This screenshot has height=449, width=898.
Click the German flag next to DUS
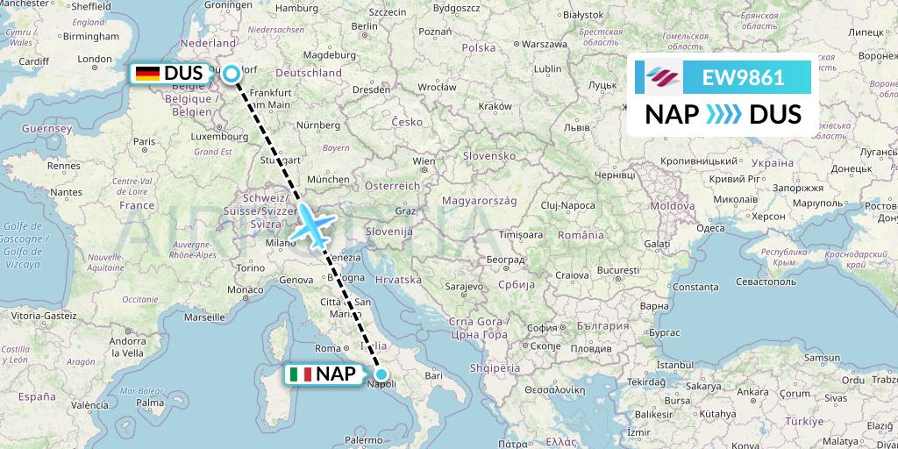tap(147, 74)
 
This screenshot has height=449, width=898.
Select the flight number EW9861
tap(743, 77)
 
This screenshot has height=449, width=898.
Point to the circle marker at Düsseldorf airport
tap(232, 74)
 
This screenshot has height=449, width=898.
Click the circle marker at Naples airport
tap(381, 374)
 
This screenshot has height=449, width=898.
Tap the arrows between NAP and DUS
tap(723, 115)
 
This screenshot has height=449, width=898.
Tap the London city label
tap(95, 61)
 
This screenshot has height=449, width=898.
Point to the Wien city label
tap(424, 162)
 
